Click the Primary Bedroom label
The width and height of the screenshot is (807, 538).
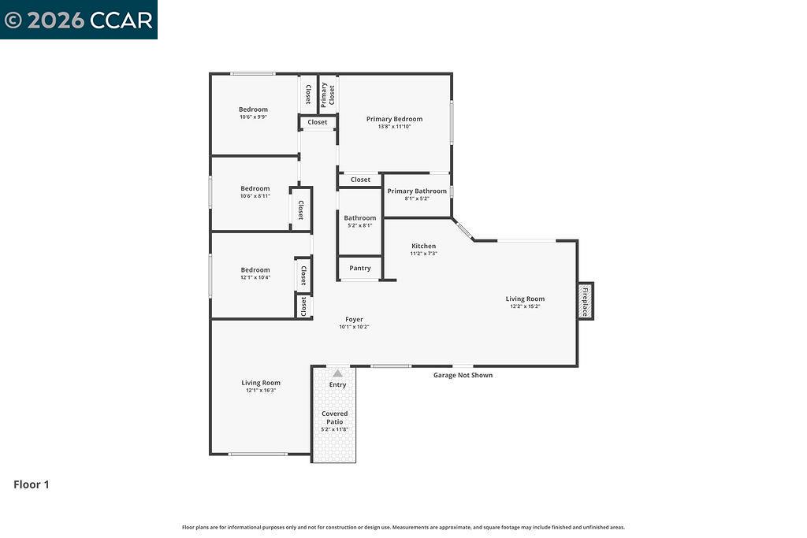pyautogui.click(x=394, y=119)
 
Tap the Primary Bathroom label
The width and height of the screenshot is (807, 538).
pyautogui.click(x=417, y=191)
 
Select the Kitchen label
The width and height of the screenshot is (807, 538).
pyautogui.click(x=423, y=246)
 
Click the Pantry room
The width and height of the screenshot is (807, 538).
pyautogui.click(x=360, y=268)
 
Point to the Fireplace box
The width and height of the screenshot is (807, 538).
pyautogui.click(x=585, y=301)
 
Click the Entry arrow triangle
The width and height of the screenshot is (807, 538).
pyautogui.click(x=337, y=373)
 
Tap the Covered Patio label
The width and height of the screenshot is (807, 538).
pyautogui.click(x=334, y=417)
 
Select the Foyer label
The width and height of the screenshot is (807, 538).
pyautogui.click(x=354, y=319)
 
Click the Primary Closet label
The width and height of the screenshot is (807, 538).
pyautogui.click(x=328, y=94)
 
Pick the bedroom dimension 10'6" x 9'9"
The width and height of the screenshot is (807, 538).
pyautogui.click(x=254, y=117)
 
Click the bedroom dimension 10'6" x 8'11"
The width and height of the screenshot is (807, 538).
pyautogui.click(x=255, y=196)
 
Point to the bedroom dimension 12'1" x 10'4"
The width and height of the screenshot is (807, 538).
pyautogui.click(x=255, y=277)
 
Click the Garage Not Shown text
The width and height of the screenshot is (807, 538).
pyautogui.click(x=463, y=375)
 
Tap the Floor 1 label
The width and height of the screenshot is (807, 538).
pyautogui.click(x=32, y=484)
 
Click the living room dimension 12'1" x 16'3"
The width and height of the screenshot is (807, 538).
pyautogui.click(x=261, y=390)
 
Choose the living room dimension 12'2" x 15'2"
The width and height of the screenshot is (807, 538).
pyautogui.click(x=525, y=306)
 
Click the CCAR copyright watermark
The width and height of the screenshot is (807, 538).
pyautogui.click(x=79, y=20)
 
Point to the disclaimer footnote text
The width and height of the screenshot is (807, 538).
pyautogui.click(x=403, y=527)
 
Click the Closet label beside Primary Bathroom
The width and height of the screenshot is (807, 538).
pyautogui.click(x=360, y=180)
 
